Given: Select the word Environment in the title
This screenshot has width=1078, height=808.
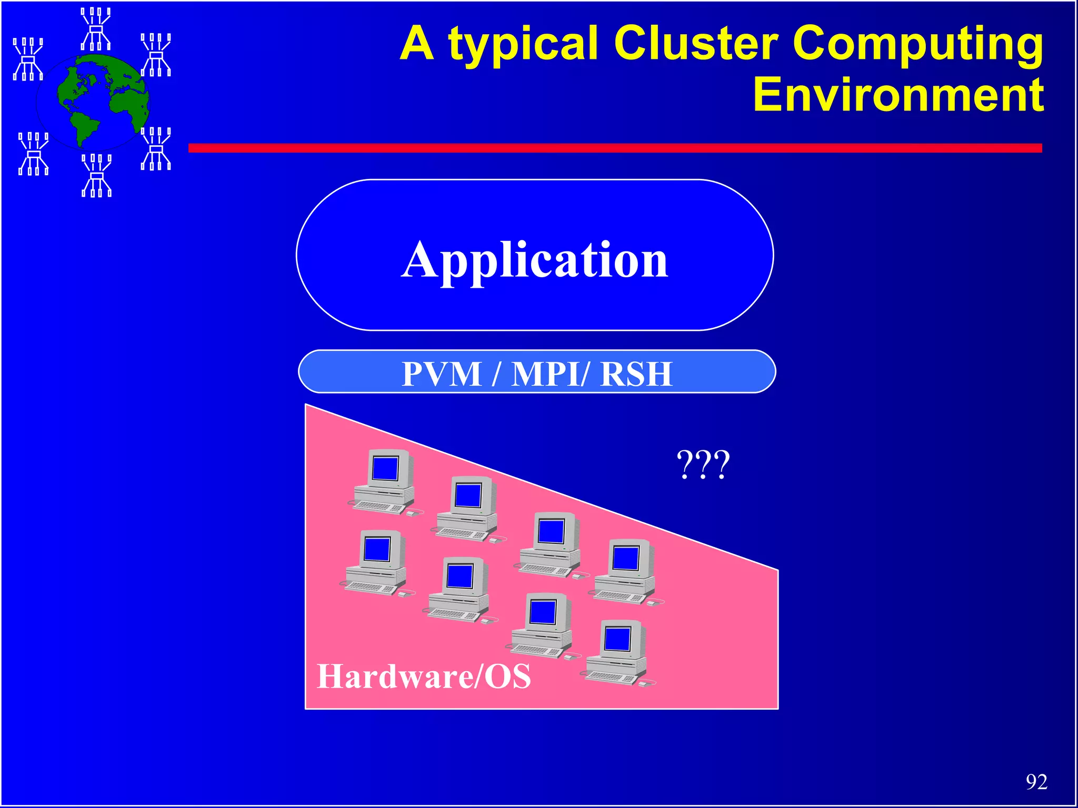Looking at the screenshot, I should click(898, 95).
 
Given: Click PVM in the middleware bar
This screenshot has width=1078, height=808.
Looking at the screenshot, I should click(442, 374).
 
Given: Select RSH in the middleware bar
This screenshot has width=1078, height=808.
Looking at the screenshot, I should click(636, 374).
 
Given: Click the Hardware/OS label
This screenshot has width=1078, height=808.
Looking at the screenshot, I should click(424, 676).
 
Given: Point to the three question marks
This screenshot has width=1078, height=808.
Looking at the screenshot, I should click(703, 464).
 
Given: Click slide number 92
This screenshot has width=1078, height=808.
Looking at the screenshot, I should click(1036, 782).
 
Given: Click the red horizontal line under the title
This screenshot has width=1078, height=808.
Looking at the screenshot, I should click(615, 148).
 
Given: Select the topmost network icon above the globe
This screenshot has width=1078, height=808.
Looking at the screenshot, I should click(96, 29).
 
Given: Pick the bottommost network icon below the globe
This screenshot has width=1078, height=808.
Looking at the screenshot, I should click(96, 175).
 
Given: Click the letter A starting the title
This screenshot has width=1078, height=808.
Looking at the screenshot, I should click(416, 44).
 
